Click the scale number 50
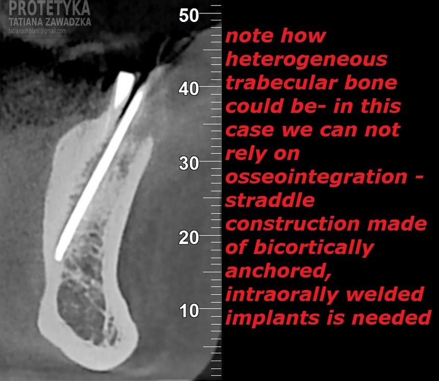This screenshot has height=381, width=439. click(x=189, y=15)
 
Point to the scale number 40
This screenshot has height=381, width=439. click(x=189, y=89)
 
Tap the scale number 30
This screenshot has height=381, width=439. click(x=189, y=163)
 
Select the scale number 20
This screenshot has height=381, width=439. click(x=189, y=237)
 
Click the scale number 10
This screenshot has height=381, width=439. click(x=189, y=311)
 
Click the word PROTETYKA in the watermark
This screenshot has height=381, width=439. click(x=49, y=8)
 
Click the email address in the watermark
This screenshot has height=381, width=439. click(x=38, y=31)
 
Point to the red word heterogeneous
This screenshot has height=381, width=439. click(x=306, y=59)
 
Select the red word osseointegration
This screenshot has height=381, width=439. click(x=316, y=177)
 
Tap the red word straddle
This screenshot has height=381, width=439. click(x=270, y=200)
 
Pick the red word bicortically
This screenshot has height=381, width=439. click(x=314, y=248)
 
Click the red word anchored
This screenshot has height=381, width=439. click(x=278, y=271)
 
